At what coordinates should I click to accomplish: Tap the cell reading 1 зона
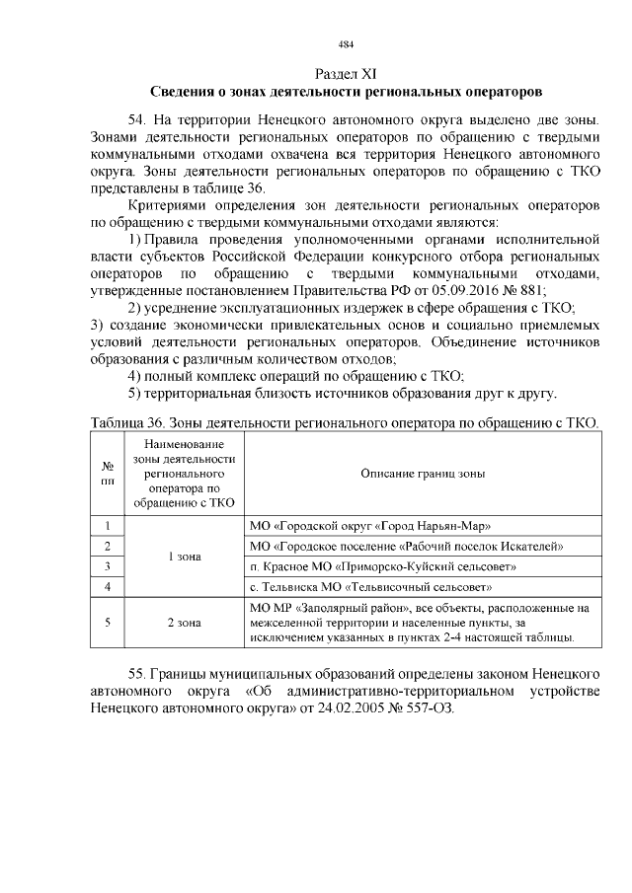tap(184, 557)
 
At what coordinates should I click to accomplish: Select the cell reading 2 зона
tap(184, 623)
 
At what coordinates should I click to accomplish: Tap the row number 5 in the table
tap(107, 623)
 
